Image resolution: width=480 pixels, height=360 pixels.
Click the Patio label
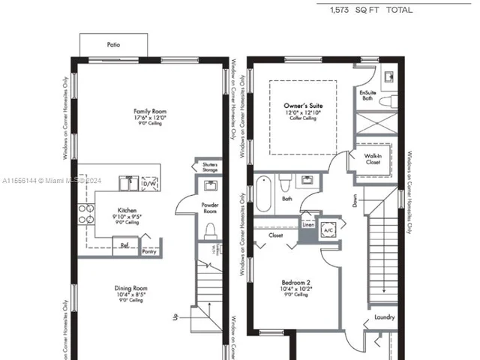pos(113,45)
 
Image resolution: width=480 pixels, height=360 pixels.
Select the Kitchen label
pos(127,211)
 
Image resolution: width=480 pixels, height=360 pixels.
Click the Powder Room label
pos(209,208)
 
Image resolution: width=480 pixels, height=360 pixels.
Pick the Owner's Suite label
pos(303,106)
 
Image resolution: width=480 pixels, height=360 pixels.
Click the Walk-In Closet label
pos(373,159)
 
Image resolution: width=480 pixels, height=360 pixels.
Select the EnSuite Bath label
pos(367,94)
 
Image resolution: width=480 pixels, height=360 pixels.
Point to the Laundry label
pos(385,317)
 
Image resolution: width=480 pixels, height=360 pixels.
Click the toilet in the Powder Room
pos(210,230)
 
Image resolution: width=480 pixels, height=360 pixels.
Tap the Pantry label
pos(149,252)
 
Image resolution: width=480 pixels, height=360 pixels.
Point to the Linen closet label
pos(307,224)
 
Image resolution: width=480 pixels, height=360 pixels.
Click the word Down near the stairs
pos(354,202)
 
